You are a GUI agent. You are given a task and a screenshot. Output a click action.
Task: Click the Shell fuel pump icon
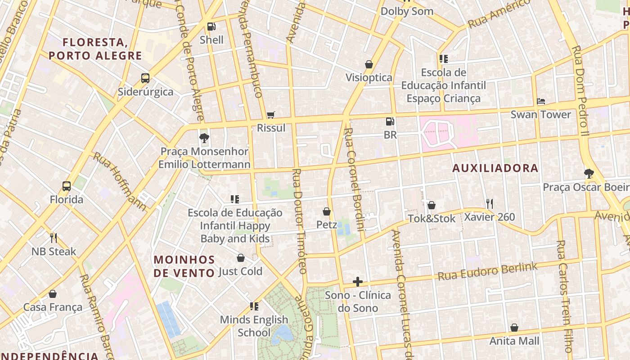[211, 27]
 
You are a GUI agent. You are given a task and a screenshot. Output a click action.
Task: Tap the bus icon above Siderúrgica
[145, 78]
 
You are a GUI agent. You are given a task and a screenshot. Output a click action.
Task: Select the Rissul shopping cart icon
[270, 115]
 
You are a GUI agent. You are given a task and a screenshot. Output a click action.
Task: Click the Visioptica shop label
[369, 77]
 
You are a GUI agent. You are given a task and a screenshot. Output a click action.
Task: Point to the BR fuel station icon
[390, 121]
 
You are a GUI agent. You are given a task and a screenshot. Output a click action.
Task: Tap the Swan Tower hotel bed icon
[541, 101]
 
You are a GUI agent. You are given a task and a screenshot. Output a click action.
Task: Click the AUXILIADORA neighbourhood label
[495, 168]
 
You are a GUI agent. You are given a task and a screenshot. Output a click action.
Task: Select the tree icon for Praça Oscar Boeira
[589, 173]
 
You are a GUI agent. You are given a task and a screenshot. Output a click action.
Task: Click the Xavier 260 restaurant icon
[490, 204]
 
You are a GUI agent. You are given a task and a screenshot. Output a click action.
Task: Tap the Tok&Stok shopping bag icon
[431, 205]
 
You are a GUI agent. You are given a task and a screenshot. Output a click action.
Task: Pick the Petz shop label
[327, 224]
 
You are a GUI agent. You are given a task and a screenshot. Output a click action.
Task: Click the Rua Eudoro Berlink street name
[487, 271]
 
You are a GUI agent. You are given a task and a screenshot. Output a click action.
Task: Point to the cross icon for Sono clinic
[358, 282]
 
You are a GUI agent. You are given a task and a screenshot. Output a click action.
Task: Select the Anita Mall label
[514, 341]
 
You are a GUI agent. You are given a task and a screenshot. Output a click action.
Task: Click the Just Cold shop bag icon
[241, 258]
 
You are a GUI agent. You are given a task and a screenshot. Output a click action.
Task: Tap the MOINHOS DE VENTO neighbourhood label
[184, 266]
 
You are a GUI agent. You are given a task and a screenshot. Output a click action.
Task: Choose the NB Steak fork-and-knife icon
[54, 238]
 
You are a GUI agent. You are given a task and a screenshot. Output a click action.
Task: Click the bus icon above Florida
[66, 186]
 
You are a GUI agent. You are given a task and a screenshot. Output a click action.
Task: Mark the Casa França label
[53, 307]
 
